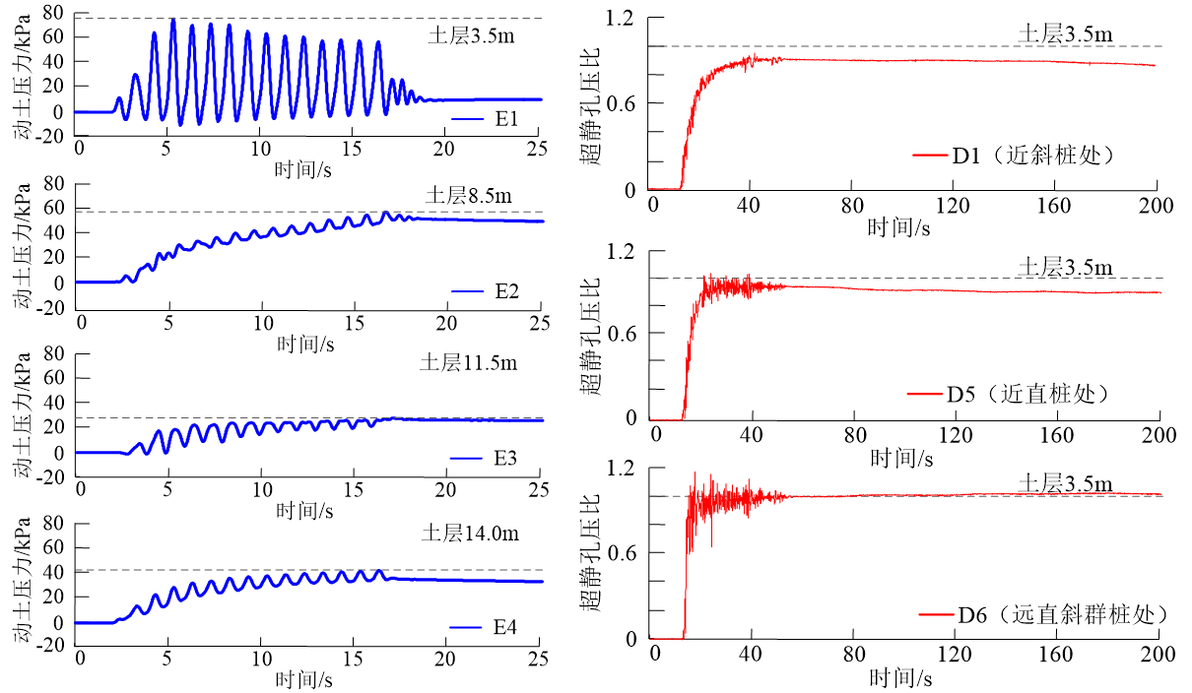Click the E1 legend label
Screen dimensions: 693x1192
(x=507, y=120)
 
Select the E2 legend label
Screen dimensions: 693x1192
(x=508, y=291)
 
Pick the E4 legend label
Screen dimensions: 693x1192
(x=505, y=628)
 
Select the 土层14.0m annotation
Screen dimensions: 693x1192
(x=470, y=535)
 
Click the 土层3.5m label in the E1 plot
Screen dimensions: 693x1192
(x=471, y=36)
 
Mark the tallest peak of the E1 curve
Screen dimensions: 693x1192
(x=172, y=20)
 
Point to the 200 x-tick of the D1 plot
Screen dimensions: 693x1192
(x=1156, y=206)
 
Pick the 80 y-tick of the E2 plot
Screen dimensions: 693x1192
(x=55, y=183)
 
